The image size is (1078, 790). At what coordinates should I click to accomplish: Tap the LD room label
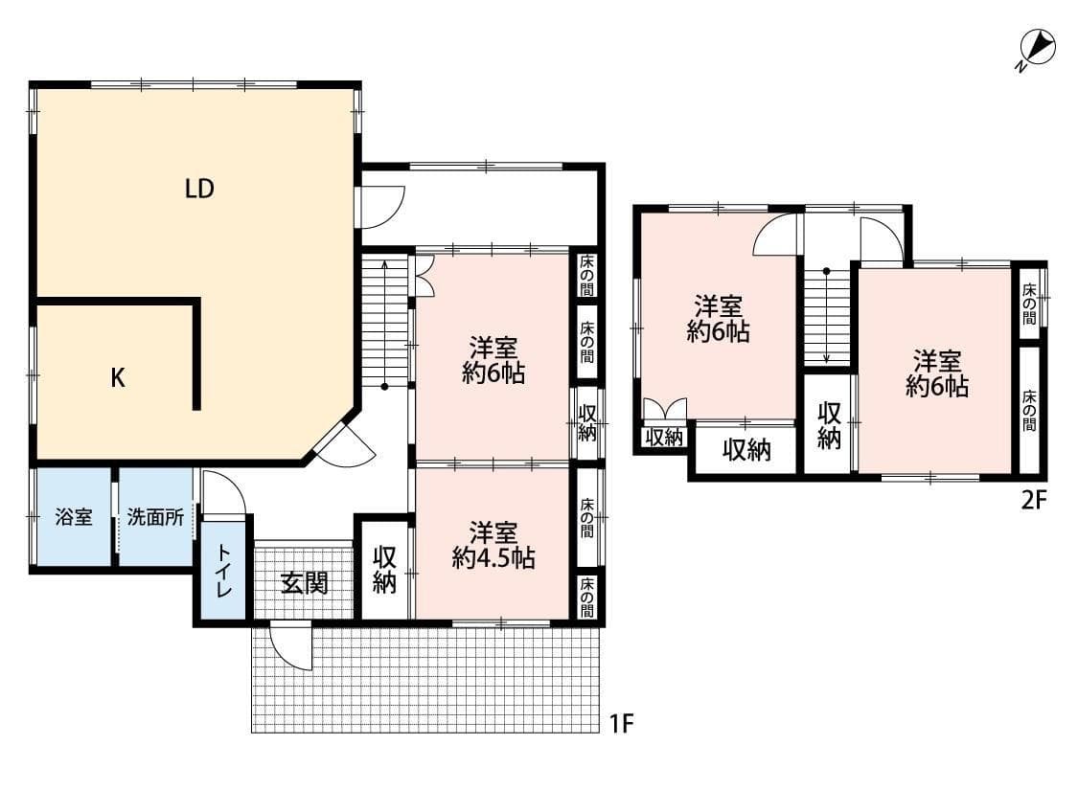click(198, 190)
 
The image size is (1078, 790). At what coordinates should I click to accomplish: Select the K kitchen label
click(117, 378)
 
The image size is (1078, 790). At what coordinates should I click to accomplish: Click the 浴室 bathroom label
click(74, 518)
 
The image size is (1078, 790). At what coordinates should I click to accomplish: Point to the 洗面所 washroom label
click(155, 518)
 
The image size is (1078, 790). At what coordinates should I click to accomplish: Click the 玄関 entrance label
click(304, 582)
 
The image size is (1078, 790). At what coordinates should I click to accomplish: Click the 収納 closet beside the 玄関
click(384, 570)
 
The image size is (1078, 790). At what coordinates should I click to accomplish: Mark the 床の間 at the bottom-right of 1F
click(586, 597)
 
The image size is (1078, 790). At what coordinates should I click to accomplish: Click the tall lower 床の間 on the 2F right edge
click(1029, 410)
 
